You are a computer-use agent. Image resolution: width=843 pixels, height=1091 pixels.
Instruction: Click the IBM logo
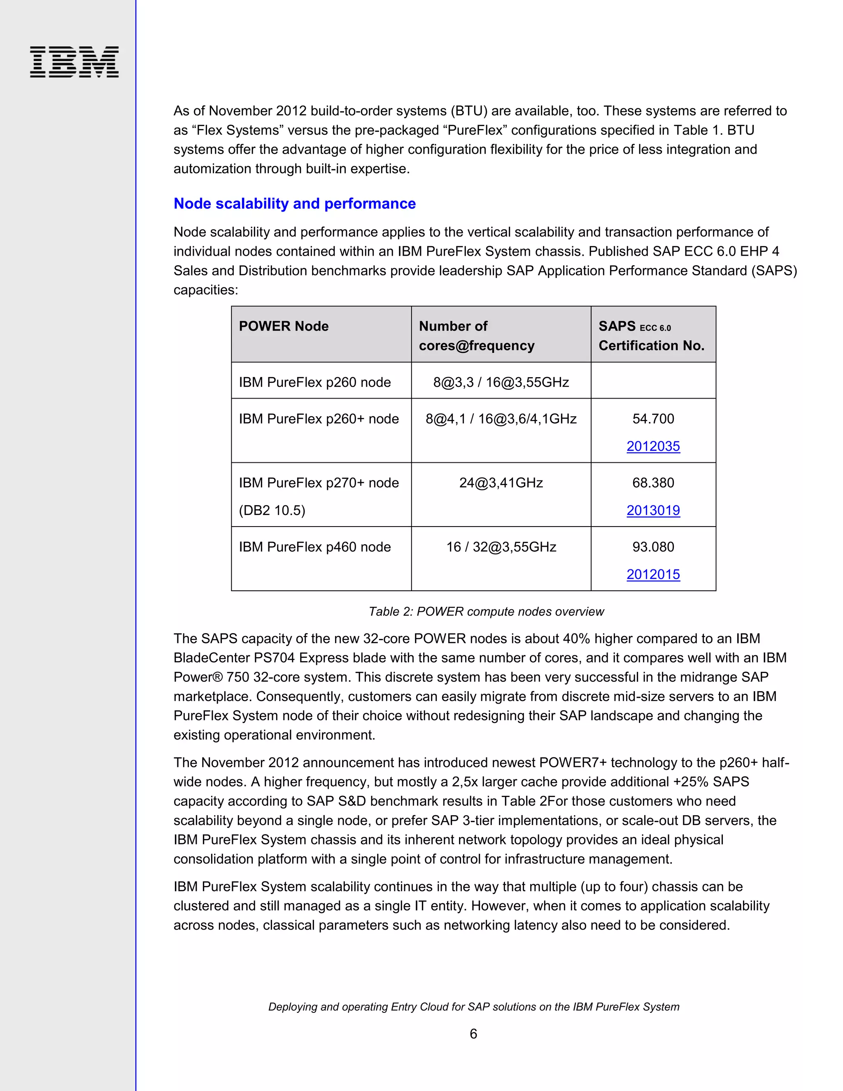coord(74,62)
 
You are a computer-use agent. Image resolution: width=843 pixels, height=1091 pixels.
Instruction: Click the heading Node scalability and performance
coord(295,204)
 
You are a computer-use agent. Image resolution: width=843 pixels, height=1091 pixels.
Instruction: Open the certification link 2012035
coord(653,446)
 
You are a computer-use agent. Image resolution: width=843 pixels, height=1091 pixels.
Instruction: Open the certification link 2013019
coord(653,510)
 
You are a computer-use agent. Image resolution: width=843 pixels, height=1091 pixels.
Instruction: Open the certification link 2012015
coord(653,574)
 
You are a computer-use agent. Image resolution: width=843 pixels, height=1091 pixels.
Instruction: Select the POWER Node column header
coord(284,326)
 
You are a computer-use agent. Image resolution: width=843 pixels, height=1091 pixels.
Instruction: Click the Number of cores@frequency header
coord(476,336)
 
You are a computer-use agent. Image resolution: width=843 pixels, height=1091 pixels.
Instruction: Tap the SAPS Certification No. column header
coord(651,336)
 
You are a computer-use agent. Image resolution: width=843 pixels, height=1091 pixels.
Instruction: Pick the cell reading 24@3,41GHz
coord(501,483)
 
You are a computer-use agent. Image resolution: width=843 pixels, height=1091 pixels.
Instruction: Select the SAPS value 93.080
coord(653,547)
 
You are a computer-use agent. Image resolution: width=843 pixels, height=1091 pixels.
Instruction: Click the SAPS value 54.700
coord(653,419)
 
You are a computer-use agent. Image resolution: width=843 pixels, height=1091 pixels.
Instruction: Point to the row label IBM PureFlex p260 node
coord(314,382)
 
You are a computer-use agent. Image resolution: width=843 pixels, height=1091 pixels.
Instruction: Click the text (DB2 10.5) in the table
coord(272,511)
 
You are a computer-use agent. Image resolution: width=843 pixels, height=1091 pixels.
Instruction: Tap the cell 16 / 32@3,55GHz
coord(501,547)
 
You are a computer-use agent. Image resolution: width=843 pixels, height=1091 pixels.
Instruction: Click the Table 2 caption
coord(486,611)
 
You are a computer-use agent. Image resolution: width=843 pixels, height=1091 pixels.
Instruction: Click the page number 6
coord(473,1033)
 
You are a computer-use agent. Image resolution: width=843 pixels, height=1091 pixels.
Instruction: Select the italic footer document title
coord(473,1007)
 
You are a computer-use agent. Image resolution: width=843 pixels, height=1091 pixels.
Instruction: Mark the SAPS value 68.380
coord(653,483)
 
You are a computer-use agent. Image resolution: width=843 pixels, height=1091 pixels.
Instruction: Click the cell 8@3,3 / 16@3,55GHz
coord(501,382)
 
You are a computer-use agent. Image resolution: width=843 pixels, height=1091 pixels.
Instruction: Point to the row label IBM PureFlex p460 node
coord(314,547)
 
